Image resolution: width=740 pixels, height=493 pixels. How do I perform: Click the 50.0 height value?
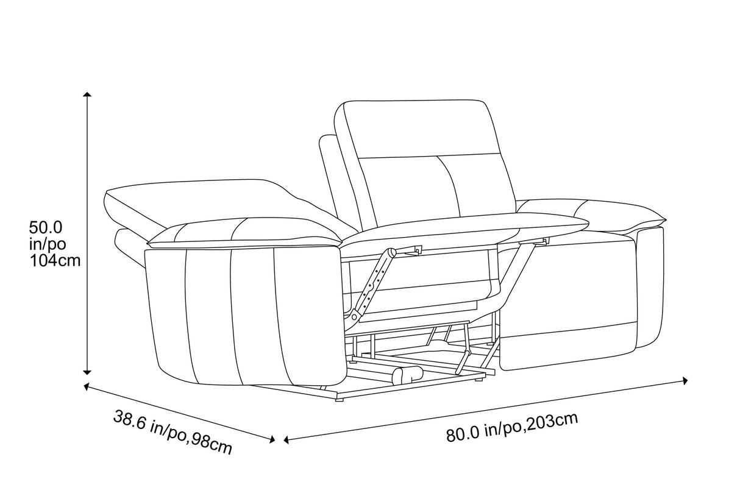pos(46,228)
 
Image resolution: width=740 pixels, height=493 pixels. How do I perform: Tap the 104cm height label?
pos(55,261)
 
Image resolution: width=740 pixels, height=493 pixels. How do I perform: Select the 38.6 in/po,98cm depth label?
pos(173,432)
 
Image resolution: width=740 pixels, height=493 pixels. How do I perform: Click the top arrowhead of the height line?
pos(88,96)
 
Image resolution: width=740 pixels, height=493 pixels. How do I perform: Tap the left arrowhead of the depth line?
pos(87,386)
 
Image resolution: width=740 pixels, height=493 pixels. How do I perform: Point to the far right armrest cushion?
pos(616,213)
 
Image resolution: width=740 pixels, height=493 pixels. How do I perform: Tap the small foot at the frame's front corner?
pos(340,400)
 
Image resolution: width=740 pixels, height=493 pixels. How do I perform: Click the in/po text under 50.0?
pos(48,245)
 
